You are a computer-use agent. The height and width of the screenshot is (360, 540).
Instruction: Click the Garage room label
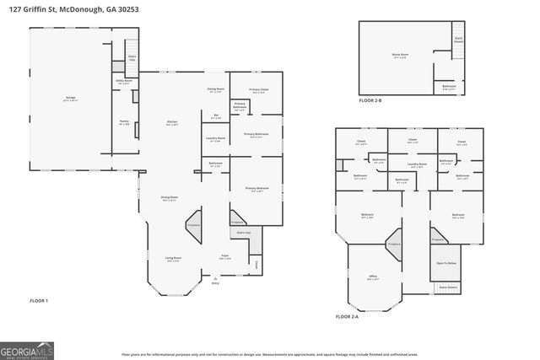70,98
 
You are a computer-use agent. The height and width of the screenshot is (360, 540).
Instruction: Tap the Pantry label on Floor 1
123,121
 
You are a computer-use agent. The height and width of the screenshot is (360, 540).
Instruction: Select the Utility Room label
123,82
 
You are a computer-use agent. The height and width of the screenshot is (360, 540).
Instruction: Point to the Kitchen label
172,122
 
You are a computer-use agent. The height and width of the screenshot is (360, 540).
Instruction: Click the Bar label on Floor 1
216,116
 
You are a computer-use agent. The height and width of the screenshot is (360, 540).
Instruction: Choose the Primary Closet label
258,90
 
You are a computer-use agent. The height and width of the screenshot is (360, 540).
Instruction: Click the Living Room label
173,259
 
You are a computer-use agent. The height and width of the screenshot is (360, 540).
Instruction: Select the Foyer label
225,256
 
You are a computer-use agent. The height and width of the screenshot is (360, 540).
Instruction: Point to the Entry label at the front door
215,283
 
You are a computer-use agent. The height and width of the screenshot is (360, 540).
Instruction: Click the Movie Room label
400,56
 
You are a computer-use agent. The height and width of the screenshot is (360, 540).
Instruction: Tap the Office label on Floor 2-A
372,276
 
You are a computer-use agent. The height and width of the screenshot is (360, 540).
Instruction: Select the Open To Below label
446,263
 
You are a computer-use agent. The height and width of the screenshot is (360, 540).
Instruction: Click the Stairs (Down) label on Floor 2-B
458,39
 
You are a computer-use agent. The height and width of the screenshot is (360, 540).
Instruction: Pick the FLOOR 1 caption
39,300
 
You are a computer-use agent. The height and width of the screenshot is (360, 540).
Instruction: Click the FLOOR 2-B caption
370,101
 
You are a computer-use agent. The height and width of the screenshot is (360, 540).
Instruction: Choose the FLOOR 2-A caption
347,316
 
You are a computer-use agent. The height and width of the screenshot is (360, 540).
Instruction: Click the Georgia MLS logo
29,348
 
